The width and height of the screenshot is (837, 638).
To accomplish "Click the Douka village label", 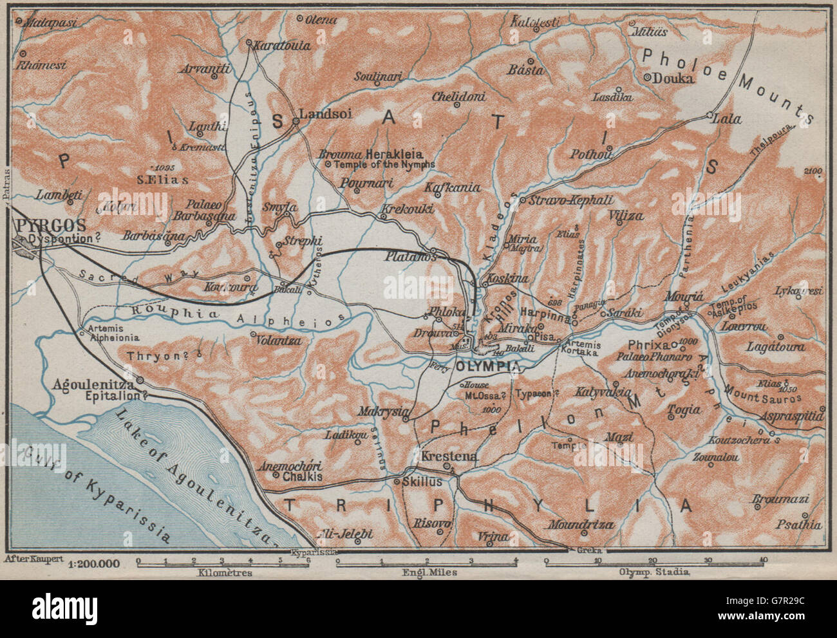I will (x=673, y=79).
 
